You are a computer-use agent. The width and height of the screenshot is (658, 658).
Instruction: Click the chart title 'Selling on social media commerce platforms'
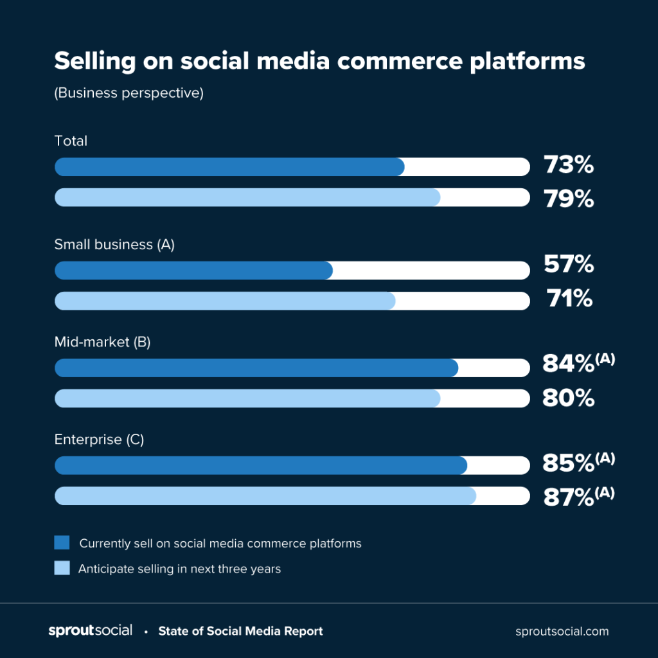click(319, 61)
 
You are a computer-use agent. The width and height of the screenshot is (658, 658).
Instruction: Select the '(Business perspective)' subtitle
click(129, 93)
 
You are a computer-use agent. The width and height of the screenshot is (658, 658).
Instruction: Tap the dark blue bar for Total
click(229, 167)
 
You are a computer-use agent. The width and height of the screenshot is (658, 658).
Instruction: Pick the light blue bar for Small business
click(225, 301)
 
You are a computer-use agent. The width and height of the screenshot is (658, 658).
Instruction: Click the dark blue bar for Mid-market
click(256, 368)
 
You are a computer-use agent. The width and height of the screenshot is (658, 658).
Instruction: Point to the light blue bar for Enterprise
click(265, 496)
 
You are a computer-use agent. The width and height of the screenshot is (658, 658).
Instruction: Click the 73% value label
click(569, 165)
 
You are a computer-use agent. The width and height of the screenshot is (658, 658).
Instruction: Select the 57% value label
click(569, 264)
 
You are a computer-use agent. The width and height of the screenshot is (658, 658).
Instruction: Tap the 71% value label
click(569, 298)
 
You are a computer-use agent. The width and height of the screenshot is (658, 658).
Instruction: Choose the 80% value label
click(569, 398)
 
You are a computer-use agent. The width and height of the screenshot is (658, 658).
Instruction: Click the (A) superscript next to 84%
click(605, 359)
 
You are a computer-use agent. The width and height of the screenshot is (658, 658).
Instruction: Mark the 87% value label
click(568, 497)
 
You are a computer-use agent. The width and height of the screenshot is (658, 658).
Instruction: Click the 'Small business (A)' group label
click(114, 244)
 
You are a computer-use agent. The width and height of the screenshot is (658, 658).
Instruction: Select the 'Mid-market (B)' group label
click(102, 342)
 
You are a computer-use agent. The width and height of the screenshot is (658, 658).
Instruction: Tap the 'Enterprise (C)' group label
click(99, 440)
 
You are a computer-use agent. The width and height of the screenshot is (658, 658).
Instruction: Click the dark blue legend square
click(62, 543)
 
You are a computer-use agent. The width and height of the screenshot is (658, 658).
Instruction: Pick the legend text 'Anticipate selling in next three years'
click(179, 569)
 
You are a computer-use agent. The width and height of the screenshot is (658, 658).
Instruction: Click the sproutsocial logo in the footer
click(90, 630)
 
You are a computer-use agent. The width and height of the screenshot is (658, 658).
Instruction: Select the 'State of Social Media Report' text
click(240, 631)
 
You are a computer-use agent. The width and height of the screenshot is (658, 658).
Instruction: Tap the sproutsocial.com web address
click(562, 631)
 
